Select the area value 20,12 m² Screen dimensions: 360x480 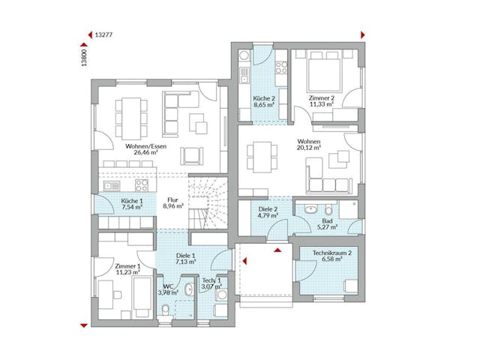click(308, 148)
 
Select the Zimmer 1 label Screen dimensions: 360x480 click(128, 266)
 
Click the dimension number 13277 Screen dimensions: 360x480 click(105, 34)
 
